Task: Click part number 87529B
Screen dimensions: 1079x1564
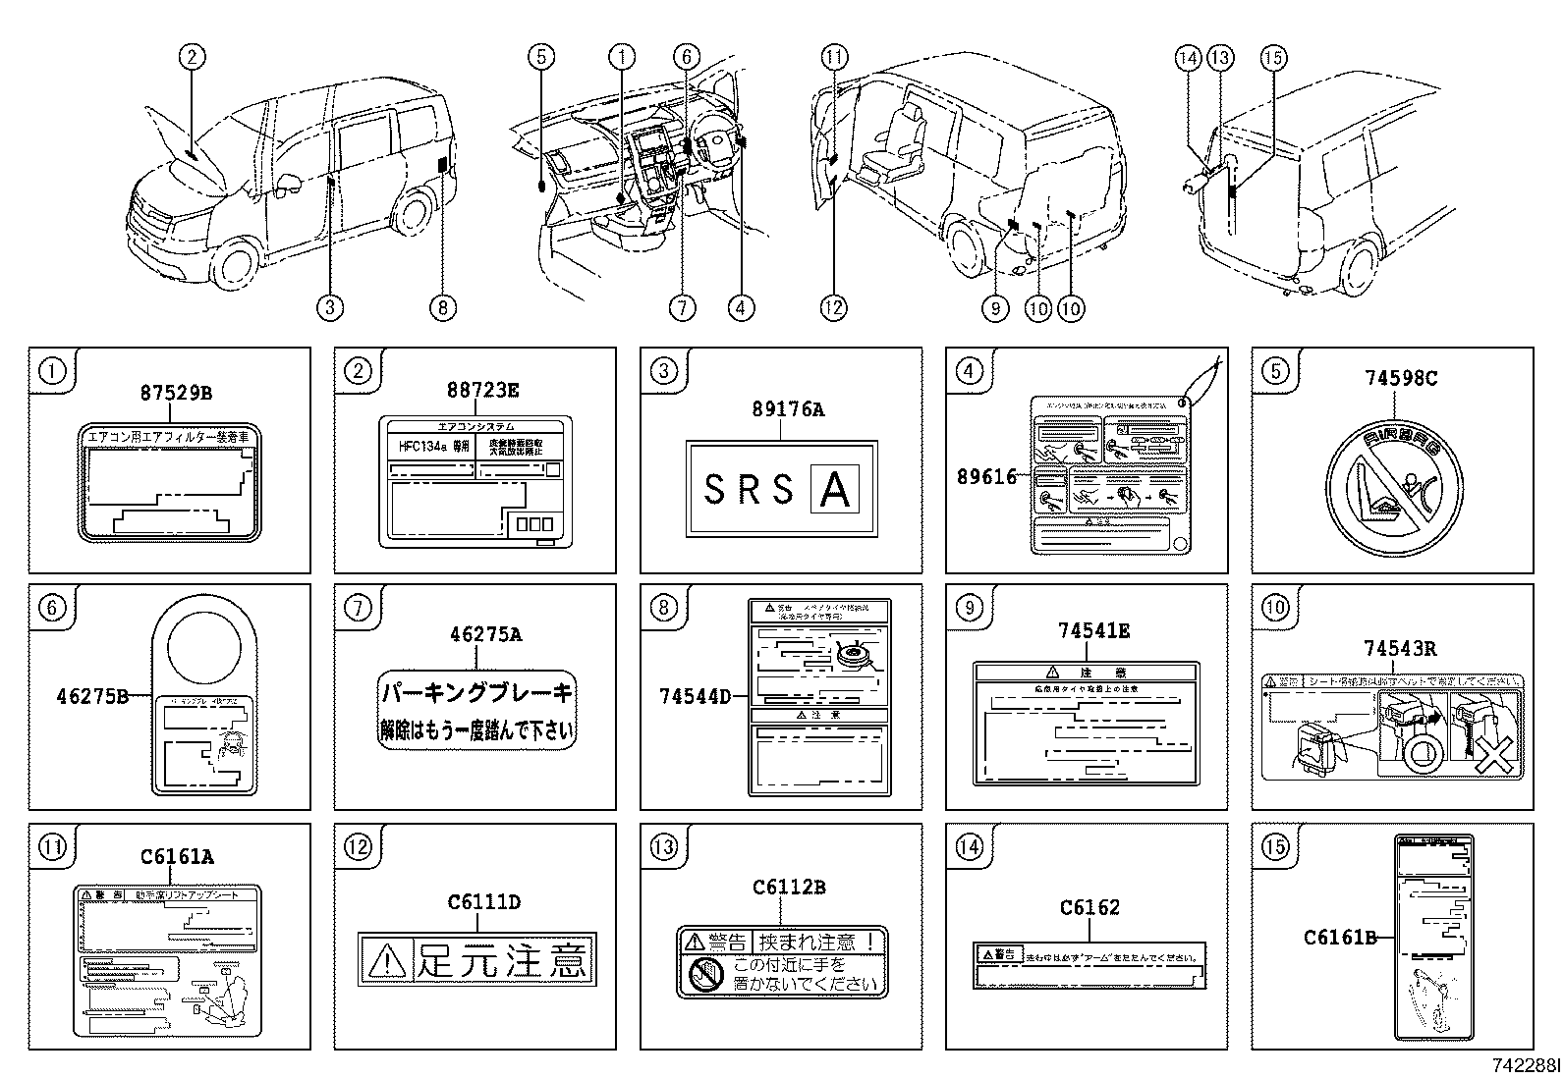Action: [175, 394]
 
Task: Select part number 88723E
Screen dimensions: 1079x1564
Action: [480, 389]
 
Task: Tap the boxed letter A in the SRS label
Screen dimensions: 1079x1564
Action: [834, 489]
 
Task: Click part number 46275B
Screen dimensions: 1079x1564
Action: [92, 697]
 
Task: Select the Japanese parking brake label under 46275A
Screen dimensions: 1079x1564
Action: [476, 712]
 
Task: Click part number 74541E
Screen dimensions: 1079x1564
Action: [1093, 631]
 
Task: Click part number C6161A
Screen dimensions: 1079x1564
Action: [177, 856]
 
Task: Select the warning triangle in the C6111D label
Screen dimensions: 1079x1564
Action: [385, 960]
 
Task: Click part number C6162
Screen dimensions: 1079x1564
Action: [1089, 908]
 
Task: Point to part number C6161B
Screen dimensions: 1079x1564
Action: [1340, 937]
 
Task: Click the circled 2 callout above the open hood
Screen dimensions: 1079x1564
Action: [193, 57]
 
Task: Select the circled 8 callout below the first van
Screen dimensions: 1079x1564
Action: [442, 307]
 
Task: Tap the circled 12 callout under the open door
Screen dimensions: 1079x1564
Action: [833, 307]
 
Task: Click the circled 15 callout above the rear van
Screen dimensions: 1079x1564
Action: [1272, 59]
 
